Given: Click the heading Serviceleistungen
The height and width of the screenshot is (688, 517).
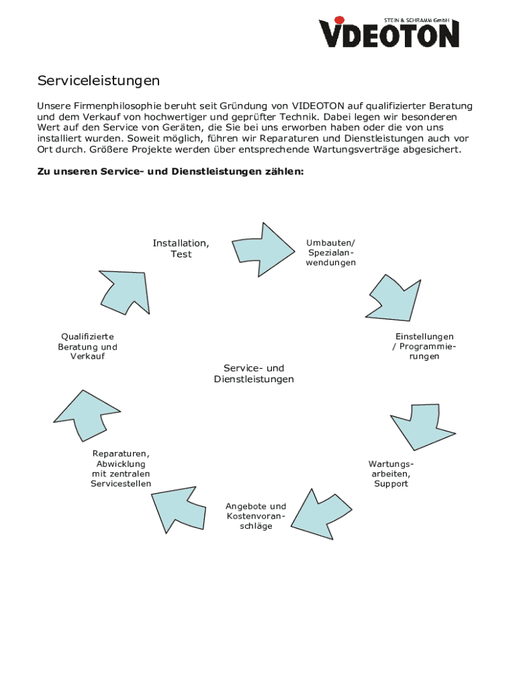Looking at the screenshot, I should click(x=98, y=81).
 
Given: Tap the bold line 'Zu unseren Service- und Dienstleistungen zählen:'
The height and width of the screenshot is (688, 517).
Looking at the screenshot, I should click(x=170, y=172).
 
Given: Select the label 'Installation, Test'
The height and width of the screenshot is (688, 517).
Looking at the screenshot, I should click(x=181, y=249).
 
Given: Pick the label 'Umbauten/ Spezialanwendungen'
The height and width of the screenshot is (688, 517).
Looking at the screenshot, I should click(x=330, y=253).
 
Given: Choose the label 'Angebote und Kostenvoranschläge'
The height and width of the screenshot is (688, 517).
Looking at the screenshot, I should click(x=256, y=516).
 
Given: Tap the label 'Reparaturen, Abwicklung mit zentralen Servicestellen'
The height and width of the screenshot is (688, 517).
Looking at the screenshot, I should click(x=121, y=468).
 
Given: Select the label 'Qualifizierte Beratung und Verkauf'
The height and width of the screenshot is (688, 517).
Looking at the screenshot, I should click(x=87, y=346).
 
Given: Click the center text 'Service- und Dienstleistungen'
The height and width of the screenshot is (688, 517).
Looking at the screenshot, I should click(x=254, y=374).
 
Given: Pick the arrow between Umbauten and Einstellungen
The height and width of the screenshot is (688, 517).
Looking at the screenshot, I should click(x=397, y=296).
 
